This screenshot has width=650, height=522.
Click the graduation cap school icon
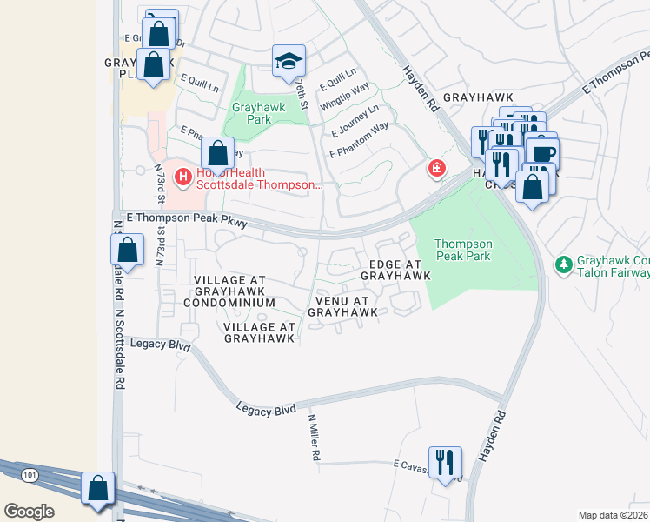[x=289, y=61]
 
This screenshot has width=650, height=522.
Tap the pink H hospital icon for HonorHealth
[x=183, y=177]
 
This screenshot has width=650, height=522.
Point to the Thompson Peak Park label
[x=463, y=251]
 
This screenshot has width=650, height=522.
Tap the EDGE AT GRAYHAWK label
[x=395, y=270]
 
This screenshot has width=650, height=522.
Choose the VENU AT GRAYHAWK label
[x=342, y=305]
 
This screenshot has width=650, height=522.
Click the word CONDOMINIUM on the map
[x=229, y=303]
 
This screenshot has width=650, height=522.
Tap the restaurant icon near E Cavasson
[x=445, y=462]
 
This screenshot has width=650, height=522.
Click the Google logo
[x=29, y=512]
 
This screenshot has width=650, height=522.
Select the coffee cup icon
[x=543, y=153]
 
